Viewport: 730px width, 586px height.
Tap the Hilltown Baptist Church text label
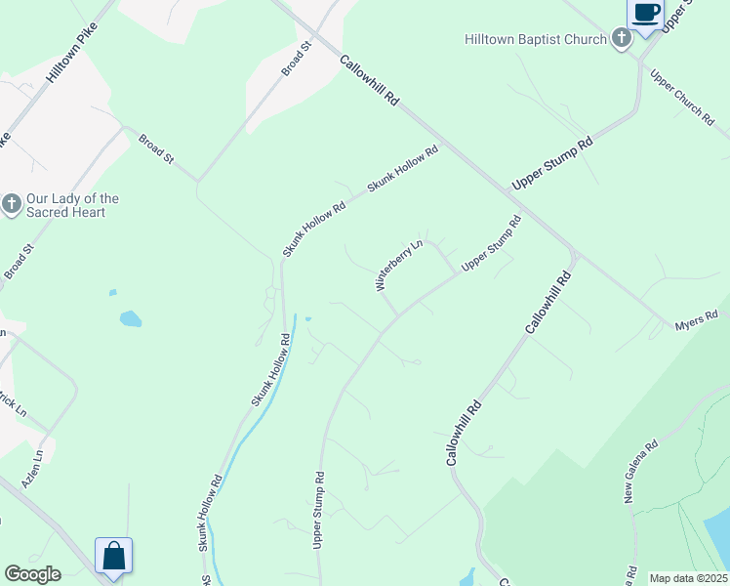tap(535, 40)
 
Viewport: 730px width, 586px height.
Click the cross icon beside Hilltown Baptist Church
tap(621, 39)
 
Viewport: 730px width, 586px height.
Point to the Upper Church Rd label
tap(682, 97)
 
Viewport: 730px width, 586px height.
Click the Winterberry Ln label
tap(399, 265)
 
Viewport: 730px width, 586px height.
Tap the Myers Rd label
tap(697, 319)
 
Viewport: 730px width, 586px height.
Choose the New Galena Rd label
tap(641, 471)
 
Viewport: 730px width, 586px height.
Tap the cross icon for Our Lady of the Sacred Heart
tap(12, 204)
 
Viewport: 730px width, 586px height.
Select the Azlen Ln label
tap(32, 469)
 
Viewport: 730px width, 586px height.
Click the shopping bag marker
tap(113, 557)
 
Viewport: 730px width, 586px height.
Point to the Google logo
tap(32, 574)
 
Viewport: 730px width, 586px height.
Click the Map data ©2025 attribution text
tap(688, 578)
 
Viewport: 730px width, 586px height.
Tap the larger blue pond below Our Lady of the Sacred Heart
tap(130, 318)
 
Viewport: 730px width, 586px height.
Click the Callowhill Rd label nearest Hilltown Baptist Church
tap(370, 80)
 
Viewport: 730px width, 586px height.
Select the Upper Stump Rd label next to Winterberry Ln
tap(491, 243)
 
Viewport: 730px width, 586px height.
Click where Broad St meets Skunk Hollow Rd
tap(198, 181)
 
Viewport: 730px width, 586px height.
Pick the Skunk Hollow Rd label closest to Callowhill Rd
tap(403, 169)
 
